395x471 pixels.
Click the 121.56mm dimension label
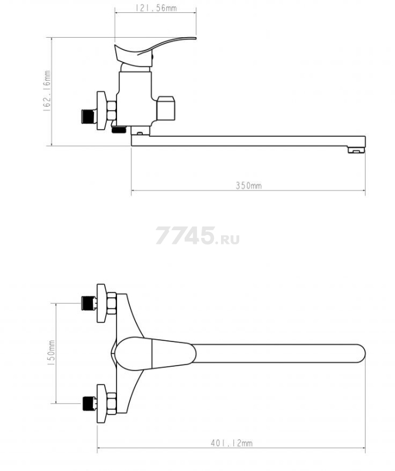tap(156, 8)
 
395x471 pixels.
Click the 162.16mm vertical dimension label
tap(47, 91)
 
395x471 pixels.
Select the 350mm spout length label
tap(248, 185)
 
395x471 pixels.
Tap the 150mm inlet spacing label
tap(51, 353)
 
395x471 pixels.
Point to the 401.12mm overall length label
tap(231, 443)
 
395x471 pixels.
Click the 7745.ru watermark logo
tap(197, 235)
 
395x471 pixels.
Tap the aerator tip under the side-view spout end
tap(356, 150)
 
